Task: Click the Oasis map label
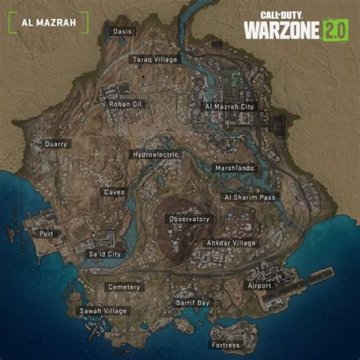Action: point(122,31)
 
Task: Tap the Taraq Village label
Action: point(155,59)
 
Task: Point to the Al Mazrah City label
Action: point(230,106)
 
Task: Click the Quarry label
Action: point(55,144)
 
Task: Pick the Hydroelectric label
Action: point(155,154)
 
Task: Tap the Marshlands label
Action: point(234,168)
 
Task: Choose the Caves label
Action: point(114,192)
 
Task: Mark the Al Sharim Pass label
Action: point(250,197)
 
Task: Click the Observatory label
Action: point(189,219)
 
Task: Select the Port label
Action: point(46,233)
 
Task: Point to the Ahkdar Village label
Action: point(231,243)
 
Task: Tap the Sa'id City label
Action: point(105,254)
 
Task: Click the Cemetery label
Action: point(124,287)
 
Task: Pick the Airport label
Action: point(259,286)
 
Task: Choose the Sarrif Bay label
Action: point(192,303)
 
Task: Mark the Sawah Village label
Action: point(104,311)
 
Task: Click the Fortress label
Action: point(225,345)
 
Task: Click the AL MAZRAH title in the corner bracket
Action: point(49,22)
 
